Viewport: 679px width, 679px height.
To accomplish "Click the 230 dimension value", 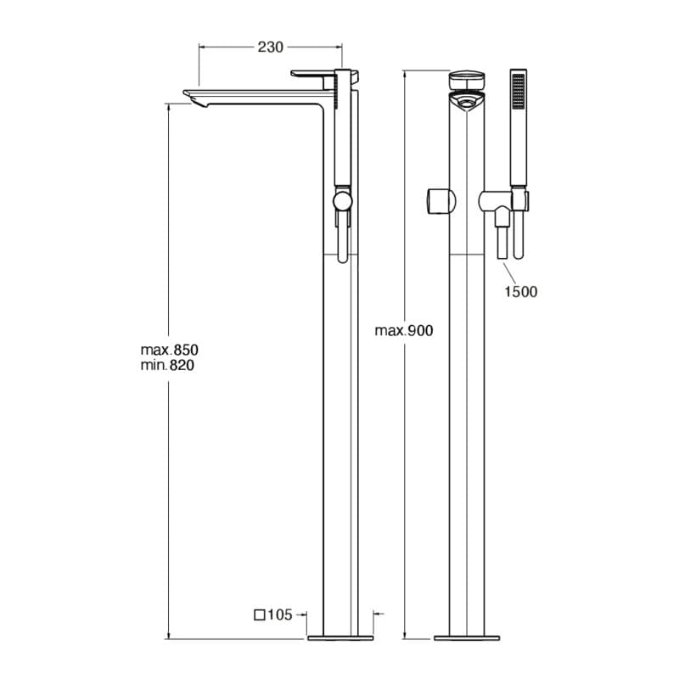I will tap(270, 48).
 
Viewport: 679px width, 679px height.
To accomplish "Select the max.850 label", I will tap(175, 350).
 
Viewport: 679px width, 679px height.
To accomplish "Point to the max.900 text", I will tap(404, 331).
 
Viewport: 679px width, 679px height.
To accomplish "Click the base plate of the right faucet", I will tap(468, 636).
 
